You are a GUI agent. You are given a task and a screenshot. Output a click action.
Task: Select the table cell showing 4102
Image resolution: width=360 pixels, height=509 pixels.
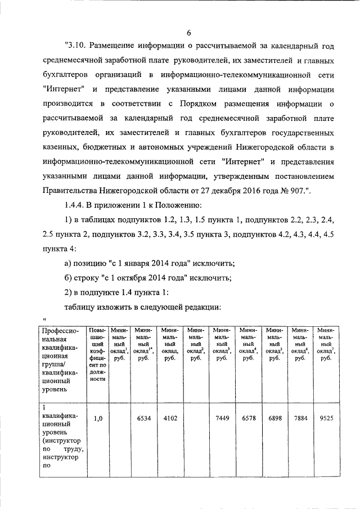point(168,418)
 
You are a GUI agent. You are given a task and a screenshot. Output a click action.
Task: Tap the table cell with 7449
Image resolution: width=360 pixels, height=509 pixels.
point(221,418)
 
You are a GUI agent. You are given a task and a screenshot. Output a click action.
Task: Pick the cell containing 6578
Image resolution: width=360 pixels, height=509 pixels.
point(248,418)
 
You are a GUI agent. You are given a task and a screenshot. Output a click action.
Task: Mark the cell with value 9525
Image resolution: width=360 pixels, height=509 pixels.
point(325,418)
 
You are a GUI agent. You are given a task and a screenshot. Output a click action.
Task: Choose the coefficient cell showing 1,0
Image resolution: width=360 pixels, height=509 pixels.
point(97,418)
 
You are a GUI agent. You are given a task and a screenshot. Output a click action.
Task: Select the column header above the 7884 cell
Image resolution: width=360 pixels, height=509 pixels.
point(300,344)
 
